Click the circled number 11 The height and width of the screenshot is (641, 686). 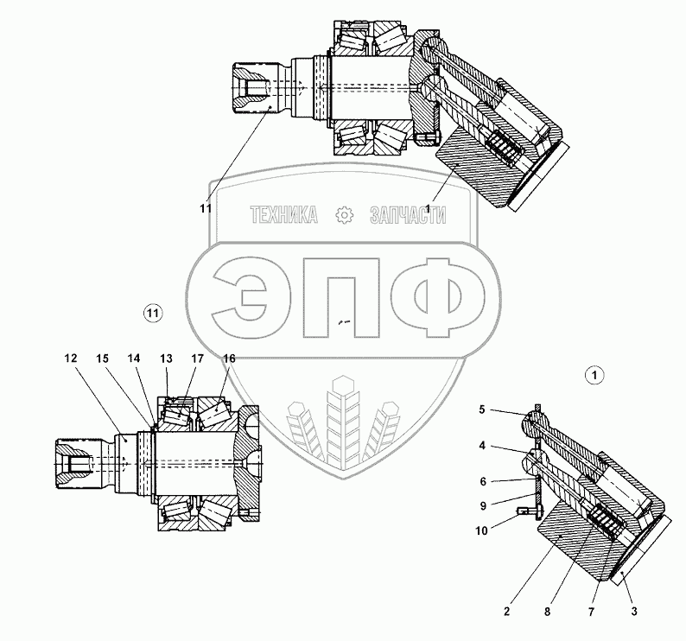tap(153, 313)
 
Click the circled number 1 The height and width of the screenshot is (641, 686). tap(594, 375)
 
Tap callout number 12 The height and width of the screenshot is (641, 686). tap(71, 359)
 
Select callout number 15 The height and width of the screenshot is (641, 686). tap(102, 359)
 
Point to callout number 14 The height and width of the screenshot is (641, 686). tap(134, 359)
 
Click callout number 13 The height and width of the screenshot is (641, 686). tap(166, 359)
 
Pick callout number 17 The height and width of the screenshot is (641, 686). tap(198, 359)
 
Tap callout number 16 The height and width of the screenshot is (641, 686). tap(229, 359)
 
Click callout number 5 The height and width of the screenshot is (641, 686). tap(482, 409)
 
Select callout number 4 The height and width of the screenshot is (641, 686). tap(482, 446)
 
